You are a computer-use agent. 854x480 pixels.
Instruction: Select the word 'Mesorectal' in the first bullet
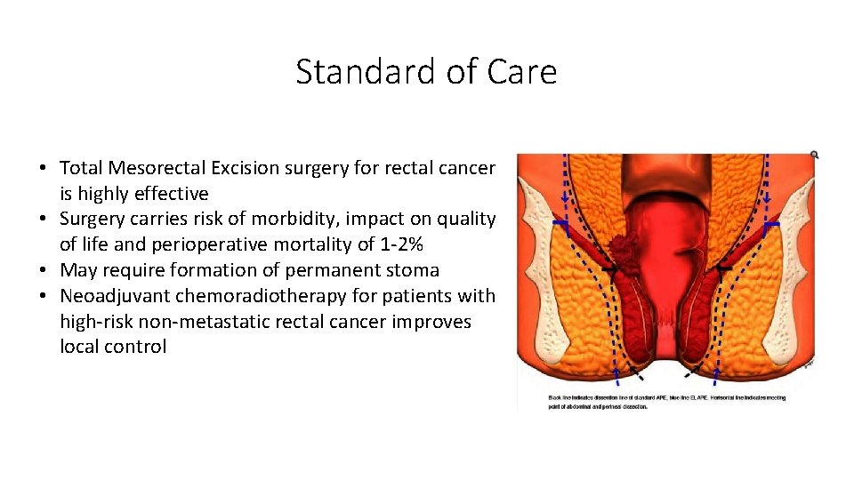coord(158,167)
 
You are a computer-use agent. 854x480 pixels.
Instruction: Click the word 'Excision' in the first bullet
coord(250,167)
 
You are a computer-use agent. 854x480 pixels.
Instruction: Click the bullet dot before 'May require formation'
coord(44,270)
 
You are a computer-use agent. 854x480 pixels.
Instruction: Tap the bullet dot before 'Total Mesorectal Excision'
coord(44,168)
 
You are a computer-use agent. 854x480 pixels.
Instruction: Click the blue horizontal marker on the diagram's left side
coord(560,222)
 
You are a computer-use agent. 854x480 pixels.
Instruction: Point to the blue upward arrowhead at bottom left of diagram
coord(617,372)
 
